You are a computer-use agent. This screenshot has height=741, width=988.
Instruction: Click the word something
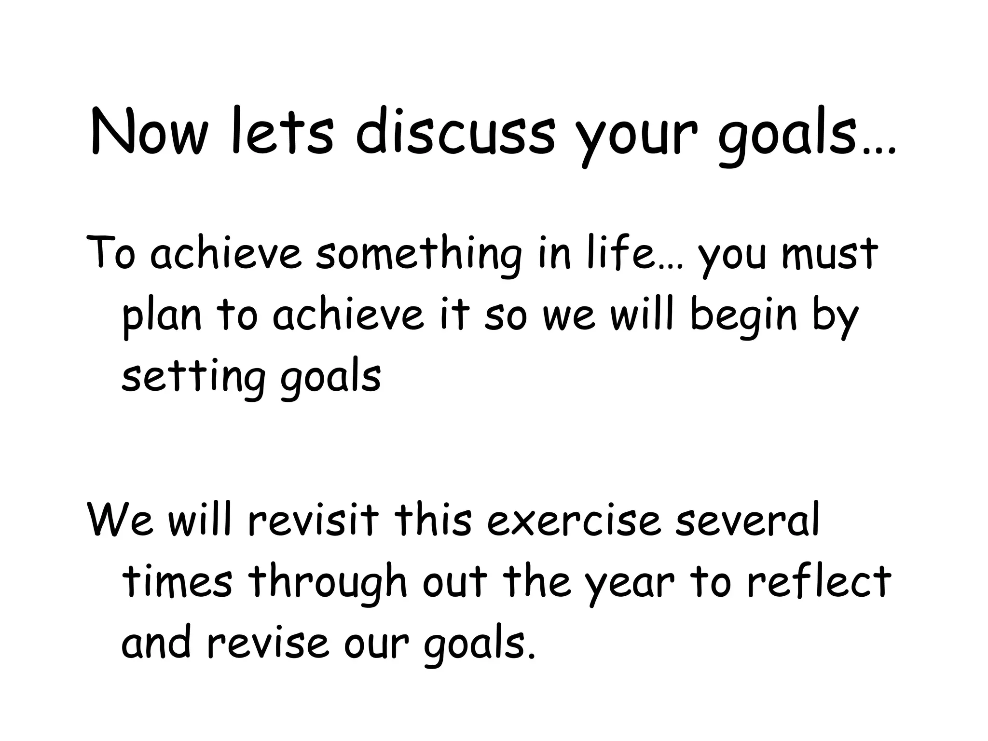pyautogui.click(x=419, y=255)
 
